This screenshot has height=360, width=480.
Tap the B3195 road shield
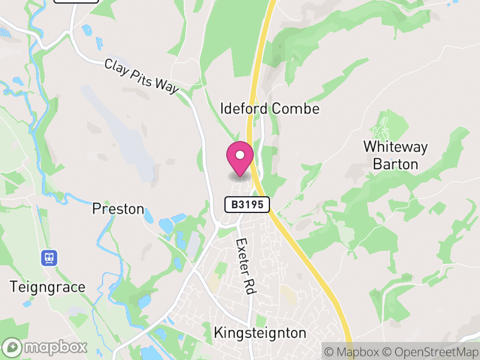[247, 205]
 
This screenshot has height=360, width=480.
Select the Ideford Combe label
[269, 109]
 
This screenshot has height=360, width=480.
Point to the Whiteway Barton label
[395, 155]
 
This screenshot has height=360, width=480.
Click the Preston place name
[118, 209]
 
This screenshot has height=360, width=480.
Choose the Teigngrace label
[47, 287]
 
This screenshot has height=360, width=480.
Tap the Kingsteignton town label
[260, 333]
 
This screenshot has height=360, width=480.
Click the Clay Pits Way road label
[142, 76]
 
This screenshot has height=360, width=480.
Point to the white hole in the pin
[240, 155]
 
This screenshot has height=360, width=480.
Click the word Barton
[395, 163]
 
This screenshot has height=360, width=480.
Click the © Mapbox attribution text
[353, 352]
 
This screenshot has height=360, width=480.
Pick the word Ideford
[244, 109]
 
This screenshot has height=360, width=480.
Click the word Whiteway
[395, 146]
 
